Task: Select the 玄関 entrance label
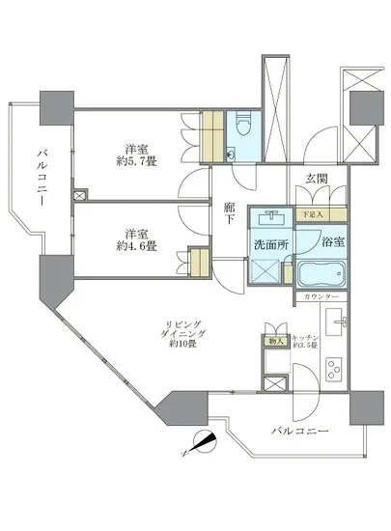(x=320, y=178)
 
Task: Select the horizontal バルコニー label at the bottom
(x=299, y=431)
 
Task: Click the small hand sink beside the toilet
(x=231, y=154)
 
